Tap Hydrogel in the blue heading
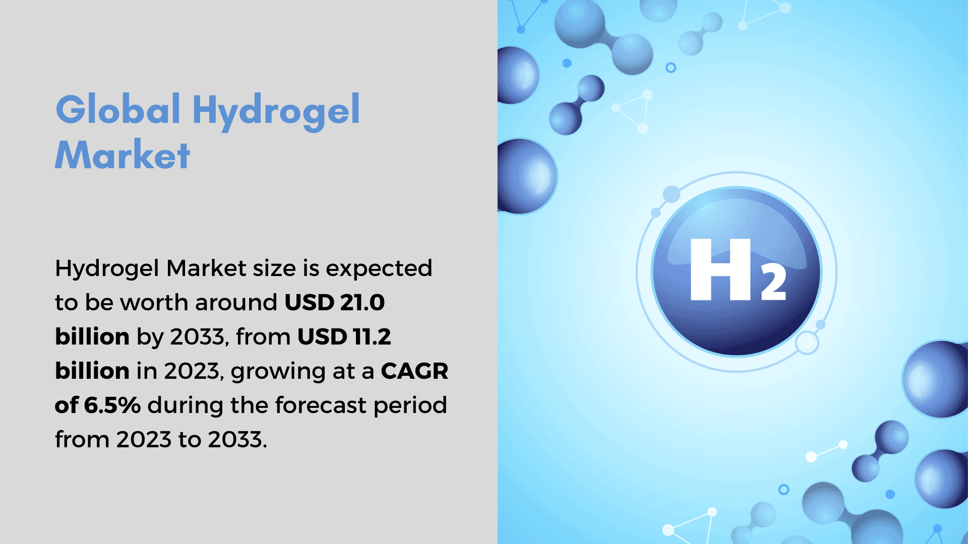coord(276,112)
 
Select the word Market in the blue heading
coord(123,155)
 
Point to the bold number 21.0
coord(362,302)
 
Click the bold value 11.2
coord(372,336)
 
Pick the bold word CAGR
coord(414,371)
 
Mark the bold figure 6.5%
coord(112,405)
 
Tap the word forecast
coord(321,405)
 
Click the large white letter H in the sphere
coord(721,269)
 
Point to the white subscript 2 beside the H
coord(773,283)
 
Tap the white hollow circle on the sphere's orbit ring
coord(807,344)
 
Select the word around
coord(236,302)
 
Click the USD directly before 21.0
coord(310,302)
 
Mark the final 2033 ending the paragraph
coord(235,439)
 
